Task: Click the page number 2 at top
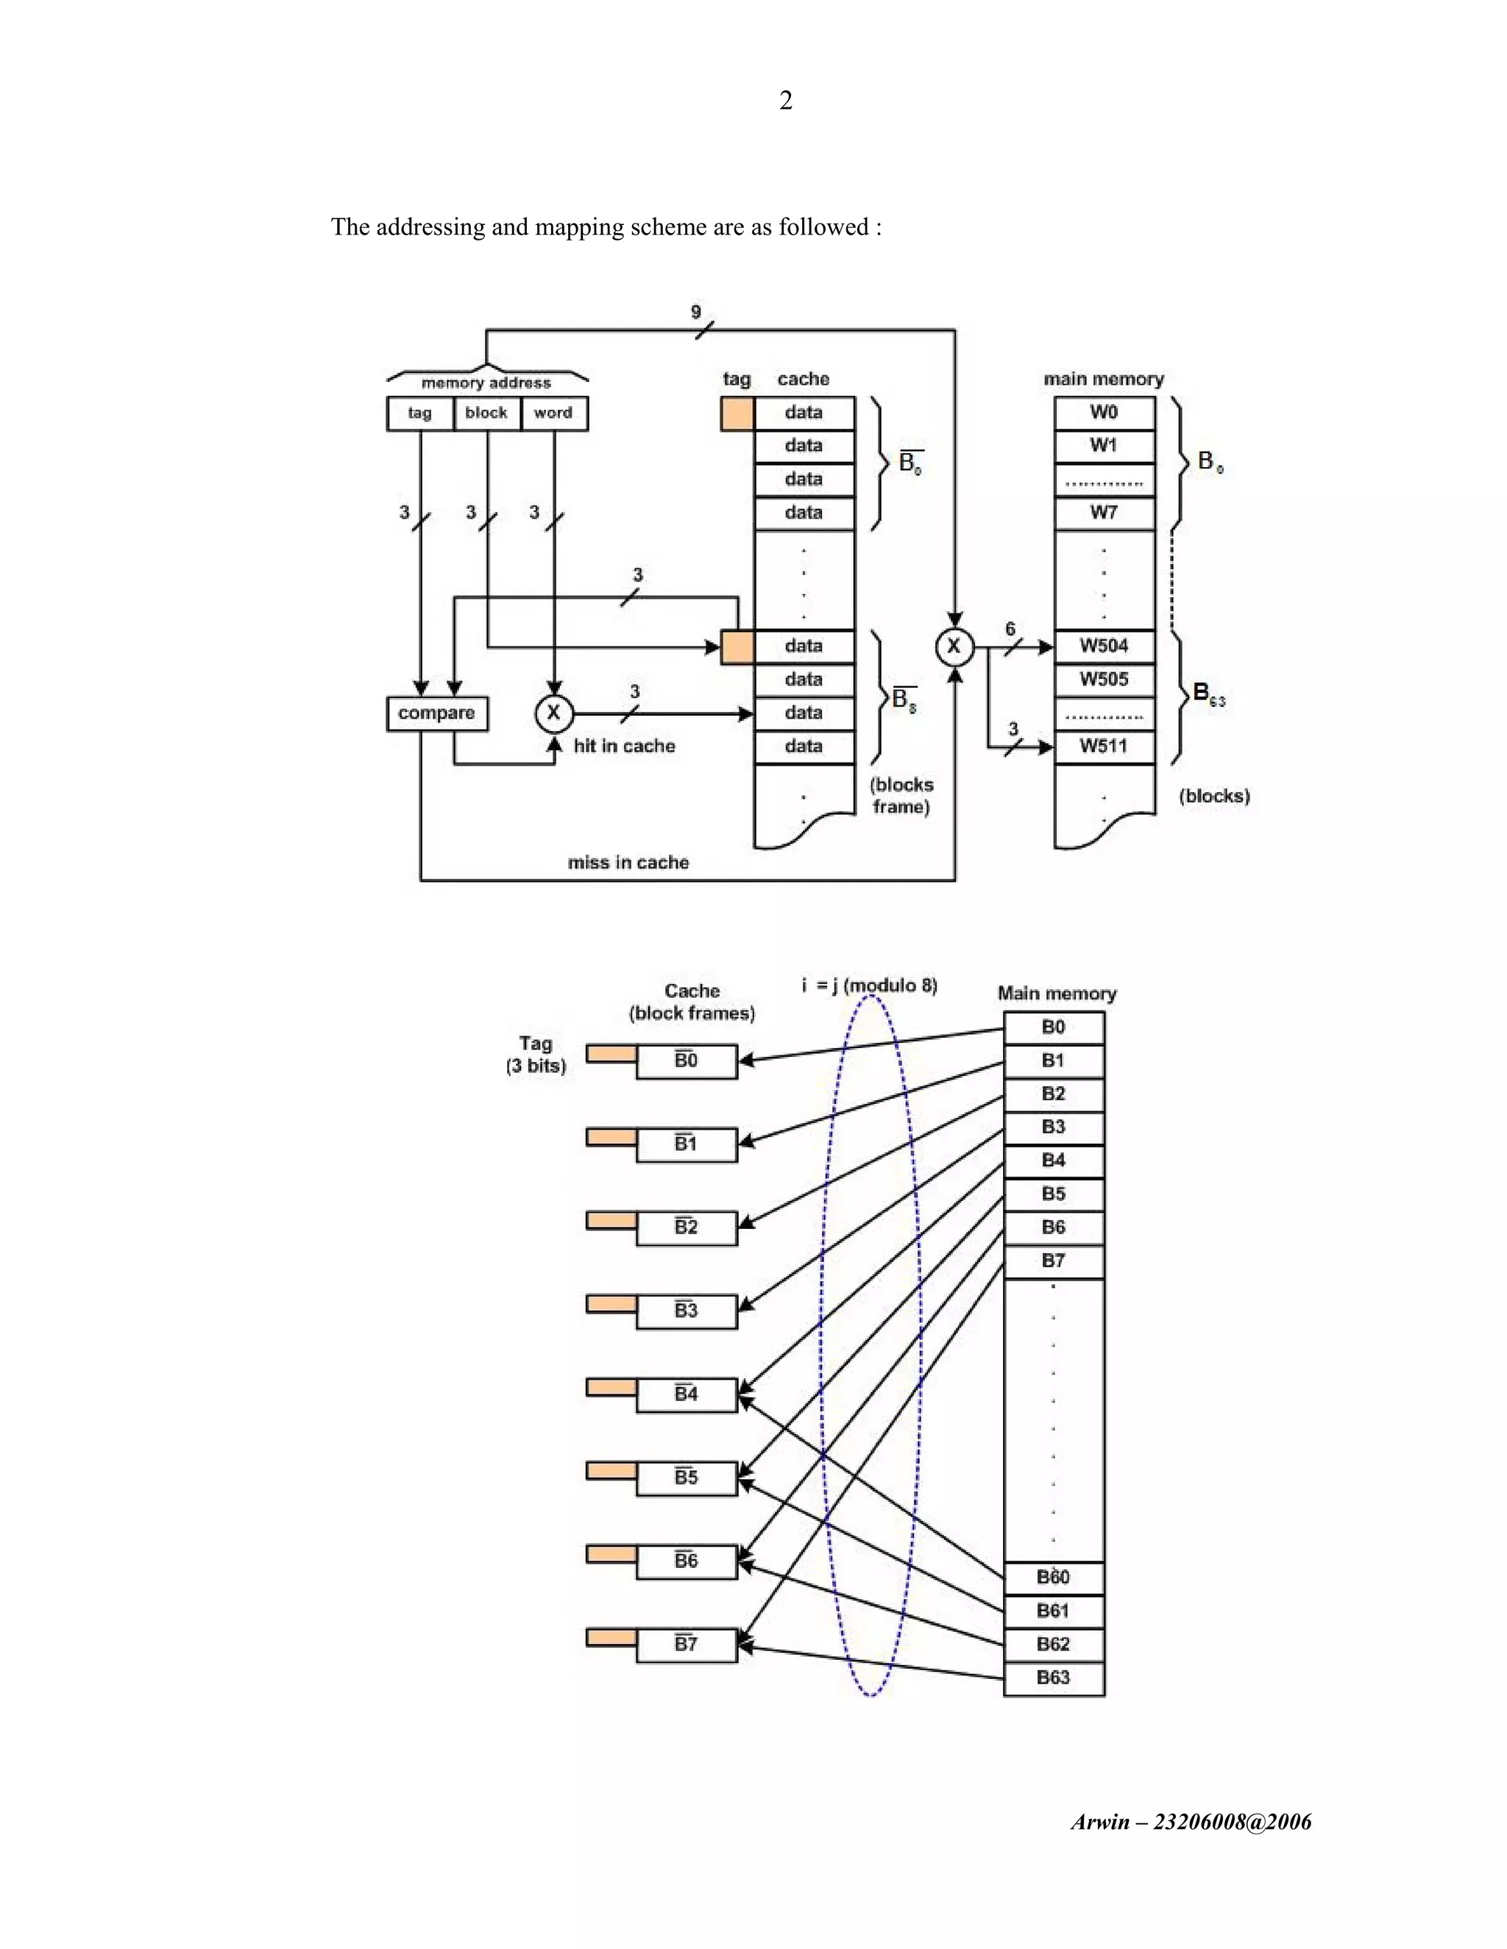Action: [786, 100]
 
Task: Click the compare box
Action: [436, 713]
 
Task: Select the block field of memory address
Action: [486, 413]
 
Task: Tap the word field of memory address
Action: [553, 413]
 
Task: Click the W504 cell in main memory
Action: [1104, 646]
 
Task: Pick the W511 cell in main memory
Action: [1104, 746]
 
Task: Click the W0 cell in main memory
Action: [1104, 413]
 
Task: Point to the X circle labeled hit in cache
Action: [553, 713]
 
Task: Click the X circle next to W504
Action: [954, 646]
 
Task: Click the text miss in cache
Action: [628, 862]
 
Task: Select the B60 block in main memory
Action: [1054, 1577]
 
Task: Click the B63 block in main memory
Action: [1054, 1677]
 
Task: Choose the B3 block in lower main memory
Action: [1054, 1127]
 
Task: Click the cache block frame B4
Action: [686, 1394]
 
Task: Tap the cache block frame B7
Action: [686, 1644]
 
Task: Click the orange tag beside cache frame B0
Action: [611, 1054]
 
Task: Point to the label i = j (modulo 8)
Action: [870, 986]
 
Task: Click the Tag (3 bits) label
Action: [536, 1054]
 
